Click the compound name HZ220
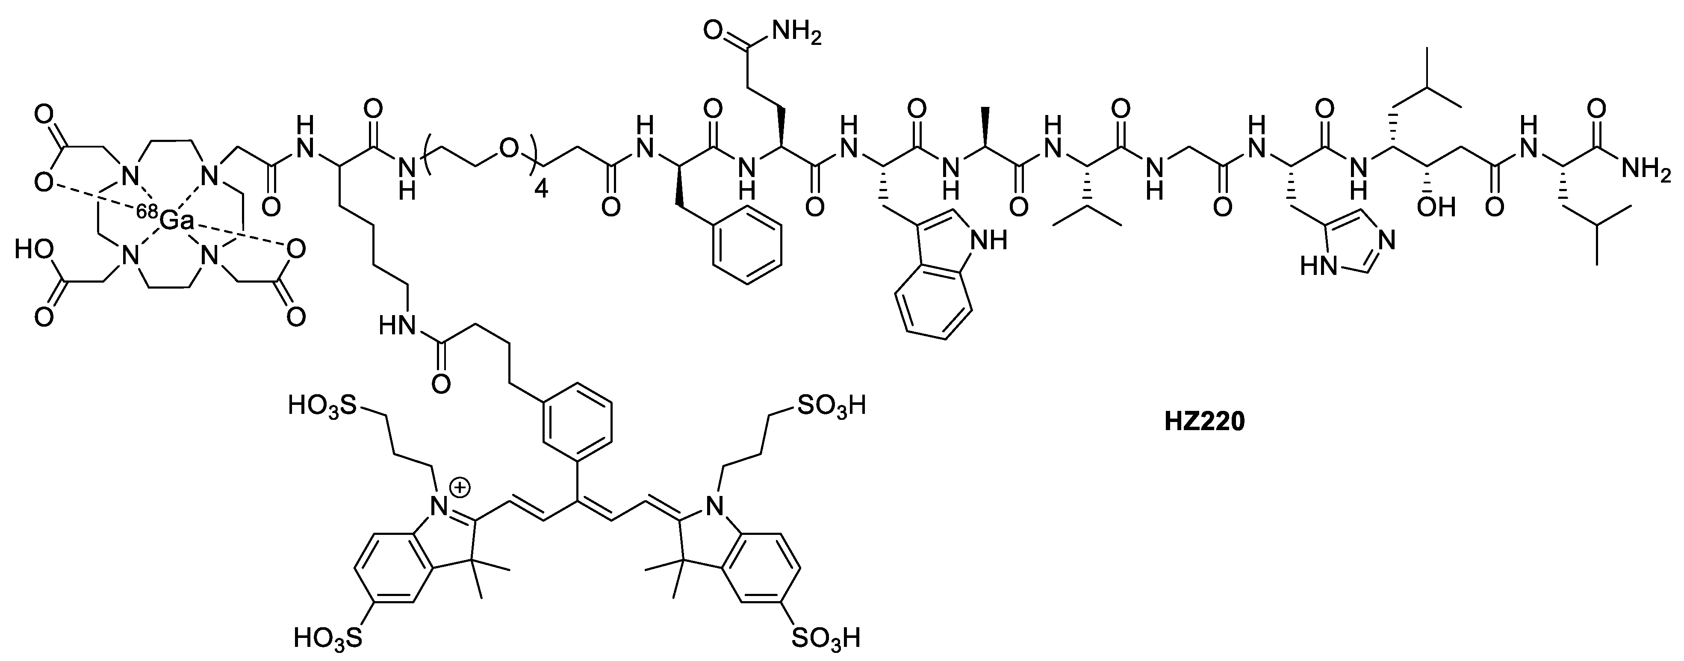(1205, 422)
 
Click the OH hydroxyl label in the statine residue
(1436, 207)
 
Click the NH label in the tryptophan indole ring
(989, 241)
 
